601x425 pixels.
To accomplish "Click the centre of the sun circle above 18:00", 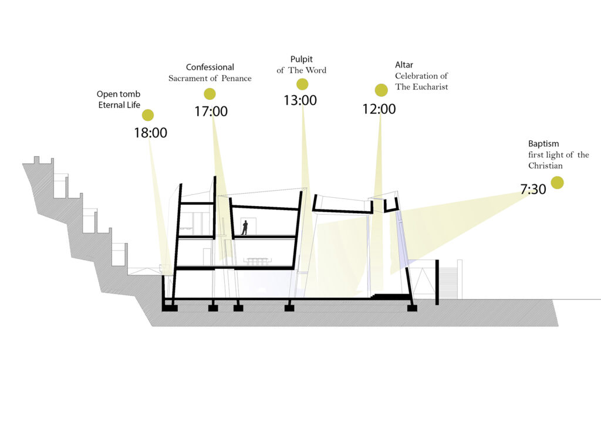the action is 148,115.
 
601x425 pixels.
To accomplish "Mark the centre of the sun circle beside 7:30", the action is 557,183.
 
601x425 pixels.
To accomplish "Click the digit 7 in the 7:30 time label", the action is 524,189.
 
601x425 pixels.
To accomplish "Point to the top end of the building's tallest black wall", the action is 215,177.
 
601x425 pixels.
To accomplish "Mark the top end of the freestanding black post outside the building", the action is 437,260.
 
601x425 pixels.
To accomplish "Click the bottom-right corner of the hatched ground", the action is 558,326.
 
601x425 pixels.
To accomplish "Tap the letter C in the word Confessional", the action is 188,67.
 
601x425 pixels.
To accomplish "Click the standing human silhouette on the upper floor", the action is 245,227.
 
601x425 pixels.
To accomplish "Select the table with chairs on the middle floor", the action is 258,261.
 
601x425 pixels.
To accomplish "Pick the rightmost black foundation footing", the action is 412,308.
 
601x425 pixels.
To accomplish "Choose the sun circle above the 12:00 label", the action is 381,90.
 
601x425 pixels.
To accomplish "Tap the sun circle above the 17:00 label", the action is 210,93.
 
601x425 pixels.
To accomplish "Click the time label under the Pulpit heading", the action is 300,100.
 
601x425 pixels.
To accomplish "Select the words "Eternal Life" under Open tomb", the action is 119,105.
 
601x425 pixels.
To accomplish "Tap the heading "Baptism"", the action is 543,144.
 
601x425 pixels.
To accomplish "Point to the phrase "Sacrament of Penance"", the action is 210,78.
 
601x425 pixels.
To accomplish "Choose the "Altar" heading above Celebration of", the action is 404,65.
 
